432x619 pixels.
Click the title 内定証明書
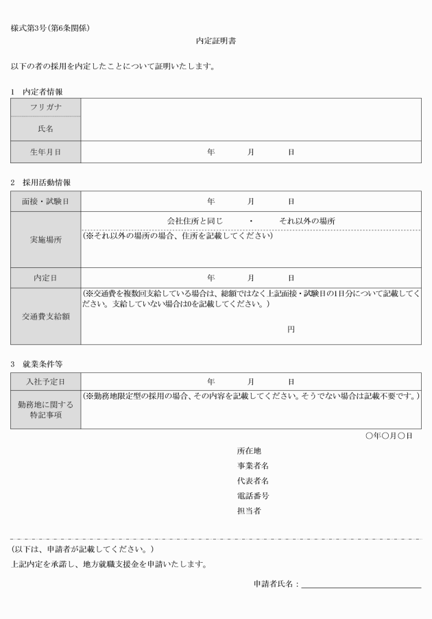coord(216,41)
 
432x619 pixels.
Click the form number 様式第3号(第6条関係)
coord(51,28)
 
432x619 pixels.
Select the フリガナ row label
coord(45,108)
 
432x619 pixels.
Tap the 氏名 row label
coord(45,129)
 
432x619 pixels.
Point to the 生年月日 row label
coord(45,152)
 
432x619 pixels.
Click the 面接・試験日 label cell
coord(45,202)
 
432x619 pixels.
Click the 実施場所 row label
coord(45,240)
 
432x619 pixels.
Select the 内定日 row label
coord(45,278)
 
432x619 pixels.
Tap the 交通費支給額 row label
coord(45,316)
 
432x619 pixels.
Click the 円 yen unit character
coord(291,330)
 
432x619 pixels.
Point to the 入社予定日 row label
coord(45,381)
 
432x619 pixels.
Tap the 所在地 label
coord(248,451)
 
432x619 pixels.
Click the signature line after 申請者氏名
coord(361,586)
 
